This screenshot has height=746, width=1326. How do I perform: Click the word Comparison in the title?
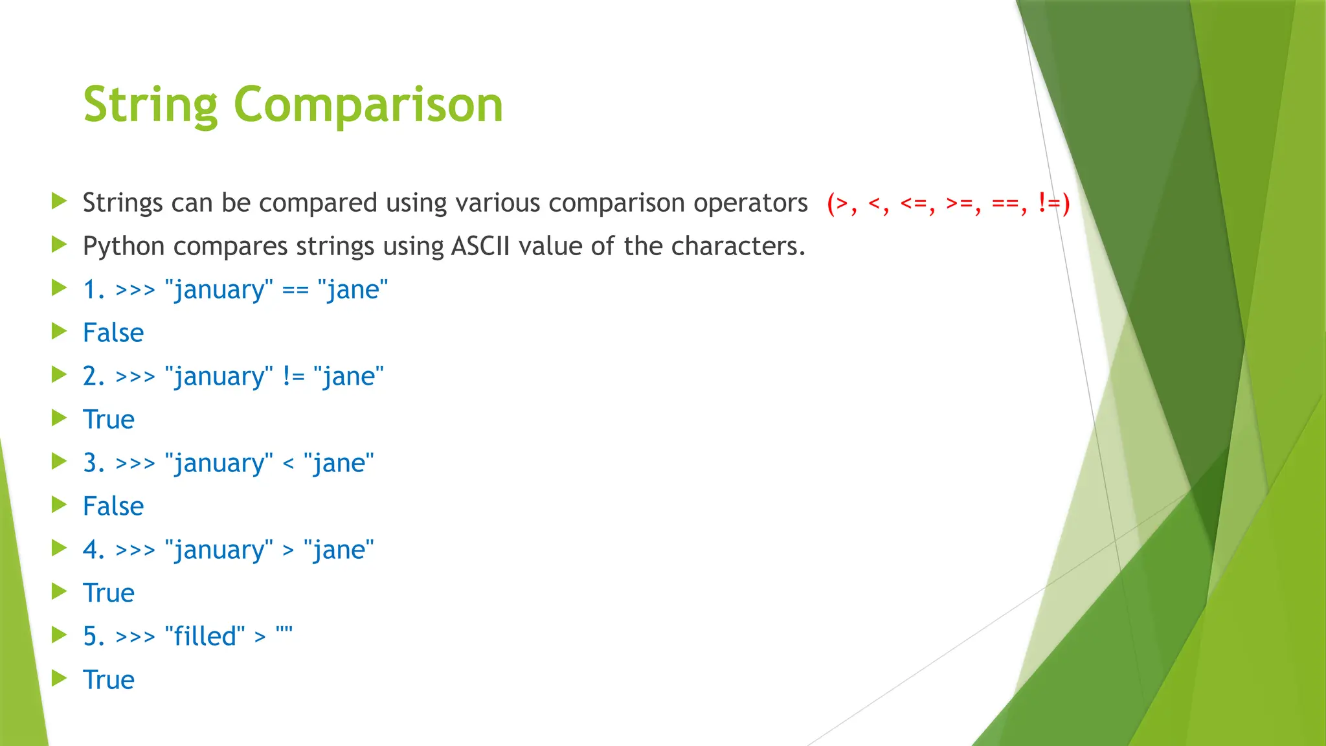pos(368,105)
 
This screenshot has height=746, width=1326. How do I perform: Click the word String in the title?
pos(150,105)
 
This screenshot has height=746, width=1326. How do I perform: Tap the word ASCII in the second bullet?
pos(480,247)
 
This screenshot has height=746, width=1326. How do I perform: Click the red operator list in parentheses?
pos(948,203)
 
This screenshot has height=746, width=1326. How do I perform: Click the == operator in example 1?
pos(295,290)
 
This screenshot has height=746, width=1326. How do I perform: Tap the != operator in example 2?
pos(293,377)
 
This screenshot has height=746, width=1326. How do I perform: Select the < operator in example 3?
pos(288,464)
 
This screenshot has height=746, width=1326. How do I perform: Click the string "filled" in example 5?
pos(205,637)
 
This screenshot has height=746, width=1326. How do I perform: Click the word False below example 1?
pos(113,333)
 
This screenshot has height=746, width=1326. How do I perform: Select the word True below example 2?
pos(109,420)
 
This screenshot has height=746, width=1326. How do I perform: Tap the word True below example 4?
pos(109,594)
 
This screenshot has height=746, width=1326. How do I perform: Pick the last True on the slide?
pos(109,681)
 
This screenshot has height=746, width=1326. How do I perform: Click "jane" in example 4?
pos(339,550)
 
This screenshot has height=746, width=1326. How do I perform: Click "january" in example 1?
pos(219,290)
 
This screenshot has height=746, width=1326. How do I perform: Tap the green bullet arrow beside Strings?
pos(59,201)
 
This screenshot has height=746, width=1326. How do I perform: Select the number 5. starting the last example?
pos(93,637)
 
